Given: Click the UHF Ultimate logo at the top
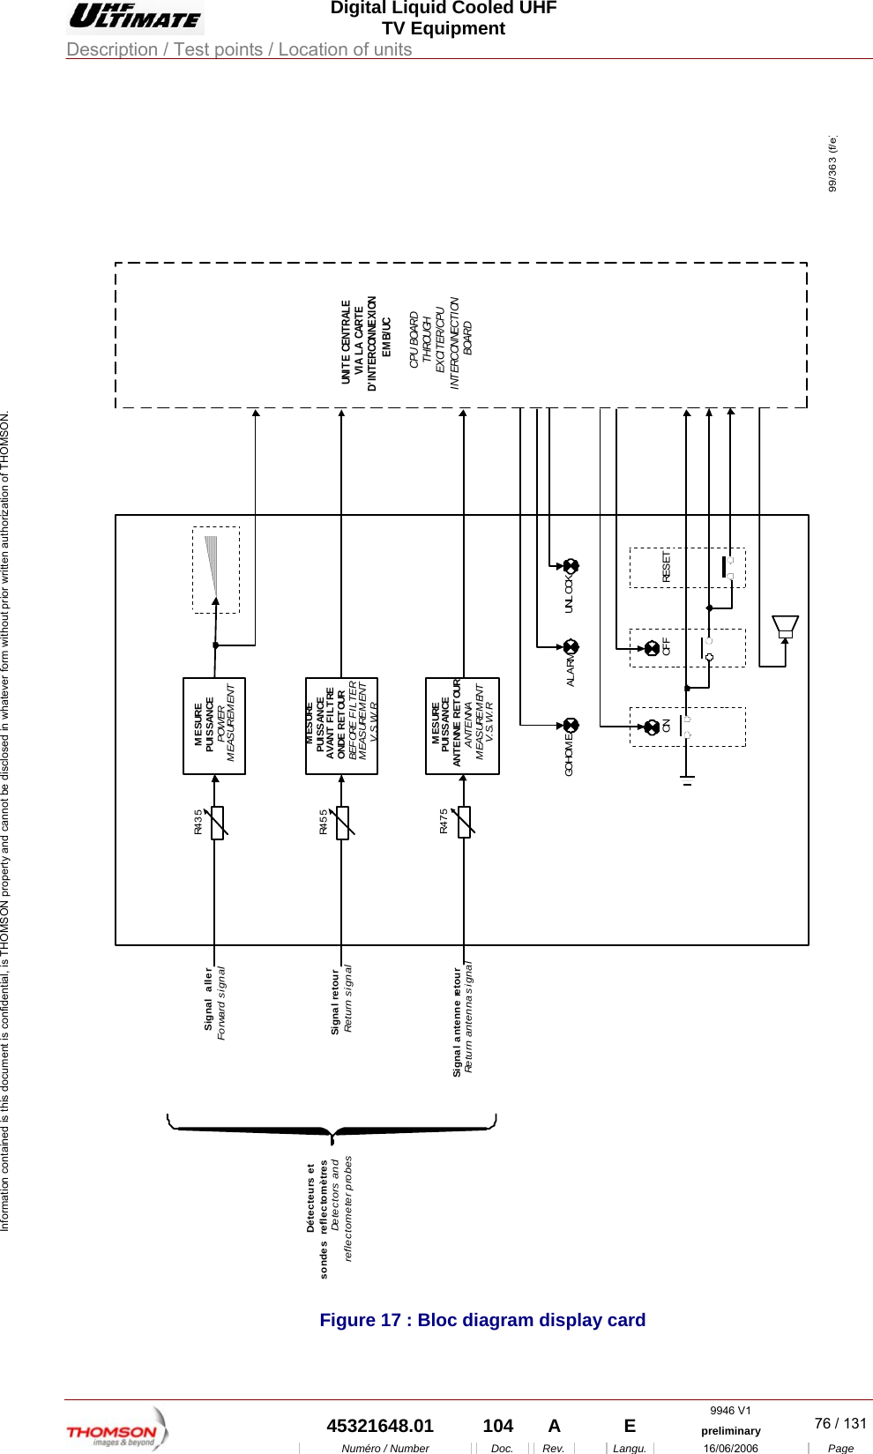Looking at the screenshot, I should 135,17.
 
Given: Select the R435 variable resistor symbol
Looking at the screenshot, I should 217,823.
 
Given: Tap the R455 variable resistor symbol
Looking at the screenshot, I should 343,823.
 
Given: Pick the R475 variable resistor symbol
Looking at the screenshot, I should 464,823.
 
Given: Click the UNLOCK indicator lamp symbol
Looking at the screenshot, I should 571,566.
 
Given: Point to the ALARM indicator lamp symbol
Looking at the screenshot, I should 571,646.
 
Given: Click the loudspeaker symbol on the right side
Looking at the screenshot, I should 785,627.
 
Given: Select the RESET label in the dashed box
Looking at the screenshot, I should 667,567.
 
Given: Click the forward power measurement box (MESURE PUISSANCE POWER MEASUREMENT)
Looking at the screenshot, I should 214,726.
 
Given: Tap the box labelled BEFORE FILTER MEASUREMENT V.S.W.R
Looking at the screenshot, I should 341,726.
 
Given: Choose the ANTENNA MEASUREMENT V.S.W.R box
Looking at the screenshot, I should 462,726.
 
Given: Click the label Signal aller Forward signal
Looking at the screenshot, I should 214,1003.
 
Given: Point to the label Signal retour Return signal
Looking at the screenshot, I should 341,1000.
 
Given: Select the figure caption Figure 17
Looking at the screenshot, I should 482,1320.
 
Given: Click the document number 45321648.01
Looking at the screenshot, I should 380,1426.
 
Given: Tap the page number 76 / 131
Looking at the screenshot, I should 839,1423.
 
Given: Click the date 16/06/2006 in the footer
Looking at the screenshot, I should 730,1448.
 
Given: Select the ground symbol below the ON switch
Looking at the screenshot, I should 688,779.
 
